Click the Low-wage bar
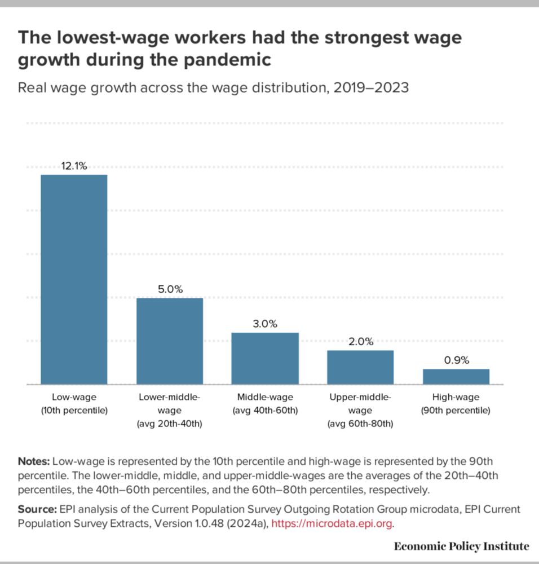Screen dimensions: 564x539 tap(74, 279)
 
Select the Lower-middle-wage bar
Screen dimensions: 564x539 tap(170, 341)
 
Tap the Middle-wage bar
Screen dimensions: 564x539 tap(265, 358)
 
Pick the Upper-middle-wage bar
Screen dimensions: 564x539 tap(360, 367)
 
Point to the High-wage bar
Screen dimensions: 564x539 tap(456, 376)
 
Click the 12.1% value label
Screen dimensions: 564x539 tap(74, 166)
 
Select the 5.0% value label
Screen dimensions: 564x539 tap(170, 289)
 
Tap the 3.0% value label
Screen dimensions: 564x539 tap(265, 324)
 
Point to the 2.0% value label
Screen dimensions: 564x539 tap(360, 342)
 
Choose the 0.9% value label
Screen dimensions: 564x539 tap(456, 360)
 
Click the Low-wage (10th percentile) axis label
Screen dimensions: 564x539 tap(74, 404)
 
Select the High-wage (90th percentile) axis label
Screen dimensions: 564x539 tap(456, 404)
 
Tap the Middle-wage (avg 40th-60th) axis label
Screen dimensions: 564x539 tap(265, 404)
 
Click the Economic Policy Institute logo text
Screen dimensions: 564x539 tap(461, 546)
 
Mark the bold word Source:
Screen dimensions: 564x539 tap(36, 509)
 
